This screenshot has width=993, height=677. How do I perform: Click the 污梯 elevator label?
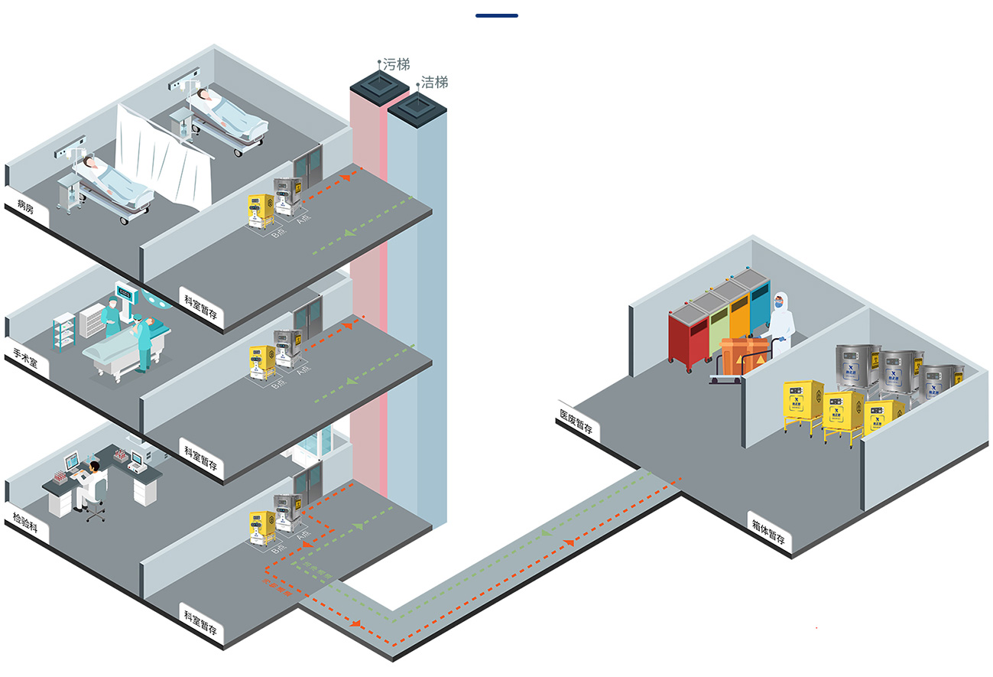[396, 64]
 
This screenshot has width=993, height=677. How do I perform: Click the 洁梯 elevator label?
[434, 83]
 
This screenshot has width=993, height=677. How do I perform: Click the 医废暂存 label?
[577, 421]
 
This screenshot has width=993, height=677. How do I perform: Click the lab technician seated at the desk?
[92, 483]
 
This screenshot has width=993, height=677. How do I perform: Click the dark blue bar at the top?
[496, 15]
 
